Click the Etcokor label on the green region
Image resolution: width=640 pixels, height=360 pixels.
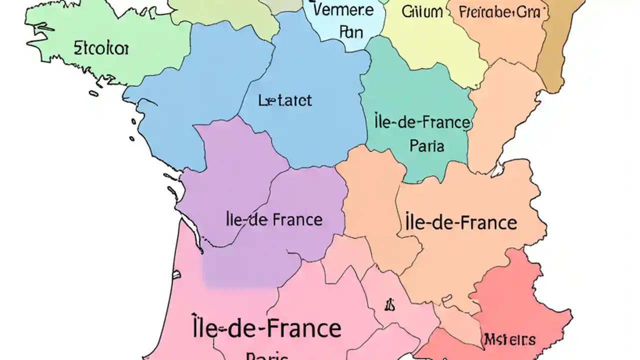tap(101, 49)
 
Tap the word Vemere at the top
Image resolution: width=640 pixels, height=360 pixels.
tap(342, 10)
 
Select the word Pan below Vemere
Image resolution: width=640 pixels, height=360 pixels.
tap(351, 32)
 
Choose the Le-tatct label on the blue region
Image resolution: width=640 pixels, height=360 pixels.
tap(285, 100)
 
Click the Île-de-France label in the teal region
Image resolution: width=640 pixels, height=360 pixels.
tap(422, 122)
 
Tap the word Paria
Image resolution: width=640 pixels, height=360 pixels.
tap(426, 146)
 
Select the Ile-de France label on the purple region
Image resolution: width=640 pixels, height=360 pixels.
tap(274, 219)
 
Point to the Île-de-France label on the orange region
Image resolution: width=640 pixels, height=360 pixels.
tap(459, 222)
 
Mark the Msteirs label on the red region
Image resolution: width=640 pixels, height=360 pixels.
tap(509, 340)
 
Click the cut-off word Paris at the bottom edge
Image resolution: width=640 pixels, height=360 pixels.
tap(267, 356)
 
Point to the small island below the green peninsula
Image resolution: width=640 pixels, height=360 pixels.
tap(93, 93)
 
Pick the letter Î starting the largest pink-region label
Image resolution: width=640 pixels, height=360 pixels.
tap(197, 327)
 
